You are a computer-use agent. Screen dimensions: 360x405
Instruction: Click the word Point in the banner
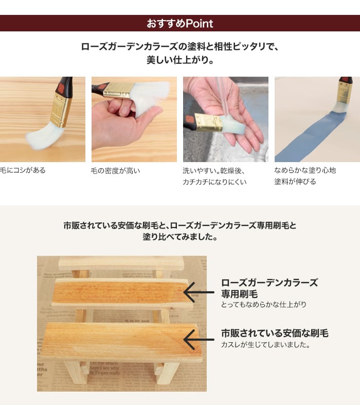pyautogui.click(x=199, y=24)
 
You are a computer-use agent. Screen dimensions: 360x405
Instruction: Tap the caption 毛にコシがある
pyautogui.click(x=23, y=170)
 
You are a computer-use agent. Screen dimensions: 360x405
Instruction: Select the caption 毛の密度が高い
pyautogui.click(x=115, y=171)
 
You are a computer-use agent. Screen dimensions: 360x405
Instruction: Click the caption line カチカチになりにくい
pyautogui.click(x=214, y=182)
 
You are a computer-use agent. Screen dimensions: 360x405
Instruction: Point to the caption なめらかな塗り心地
pyautogui.click(x=305, y=170)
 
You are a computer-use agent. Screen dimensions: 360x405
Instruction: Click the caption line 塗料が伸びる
pyautogui.click(x=295, y=182)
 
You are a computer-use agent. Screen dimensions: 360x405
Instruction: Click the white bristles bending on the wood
pyautogui.click(x=44, y=137)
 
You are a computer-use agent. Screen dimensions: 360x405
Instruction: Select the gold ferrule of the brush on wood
pyautogui.click(x=61, y=111)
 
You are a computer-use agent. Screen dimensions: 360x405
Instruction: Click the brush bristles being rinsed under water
pyautogui.click(x=232, y=125)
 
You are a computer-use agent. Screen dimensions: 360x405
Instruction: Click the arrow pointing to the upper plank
pyautogui.click(x=199, y=292)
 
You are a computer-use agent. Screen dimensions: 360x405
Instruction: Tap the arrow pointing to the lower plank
pyautogui.click(x=199, y=340)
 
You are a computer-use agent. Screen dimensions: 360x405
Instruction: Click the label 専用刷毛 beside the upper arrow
pyautogui.click(x=239, y=294)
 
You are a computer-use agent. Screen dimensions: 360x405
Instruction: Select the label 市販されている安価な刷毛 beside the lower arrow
pyautogui.click(x=275, y=333)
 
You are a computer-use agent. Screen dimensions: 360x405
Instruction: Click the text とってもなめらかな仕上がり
pyautogui.click(x=263, y=305)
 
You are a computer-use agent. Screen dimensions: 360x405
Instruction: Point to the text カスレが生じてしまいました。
pyautogui.click(x=266, y=345)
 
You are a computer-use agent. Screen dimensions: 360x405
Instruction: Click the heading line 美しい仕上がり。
pyautogui.click(x=180, y=60)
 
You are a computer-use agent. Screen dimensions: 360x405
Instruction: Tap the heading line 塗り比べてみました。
pyautogui.click(x=180, y=237)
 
